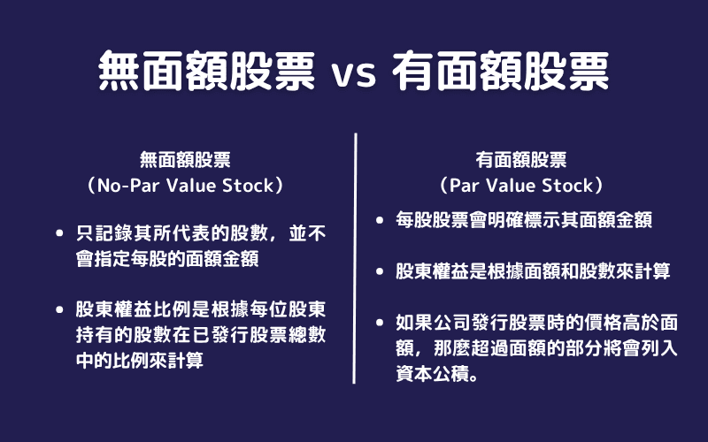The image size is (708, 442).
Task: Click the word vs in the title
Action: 353,72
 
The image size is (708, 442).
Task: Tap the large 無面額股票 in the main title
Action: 205,70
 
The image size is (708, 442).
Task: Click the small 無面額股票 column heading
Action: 186,160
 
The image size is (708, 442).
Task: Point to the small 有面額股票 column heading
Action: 521,160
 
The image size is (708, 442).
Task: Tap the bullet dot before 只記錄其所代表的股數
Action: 59,234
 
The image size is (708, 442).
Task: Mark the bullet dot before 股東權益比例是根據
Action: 59,311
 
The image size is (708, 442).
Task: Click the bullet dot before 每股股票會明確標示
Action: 380,221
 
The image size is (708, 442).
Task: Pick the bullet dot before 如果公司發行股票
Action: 380,324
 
